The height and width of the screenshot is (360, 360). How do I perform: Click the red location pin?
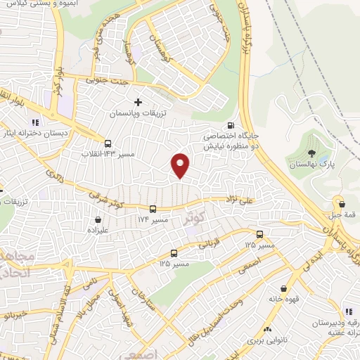[x=181, y=165]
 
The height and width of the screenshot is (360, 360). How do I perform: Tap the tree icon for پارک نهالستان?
[x=311, y=153]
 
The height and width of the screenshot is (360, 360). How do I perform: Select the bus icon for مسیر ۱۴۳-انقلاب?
[x=107, y=143]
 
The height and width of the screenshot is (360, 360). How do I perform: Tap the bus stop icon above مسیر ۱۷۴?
[x=153, y=209]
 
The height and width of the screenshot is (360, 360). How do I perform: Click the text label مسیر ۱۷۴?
[x=153, y=220]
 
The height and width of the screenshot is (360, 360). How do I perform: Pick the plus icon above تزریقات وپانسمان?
[x=138, y=103]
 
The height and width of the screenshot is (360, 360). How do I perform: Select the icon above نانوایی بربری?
[x=268, y=329]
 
